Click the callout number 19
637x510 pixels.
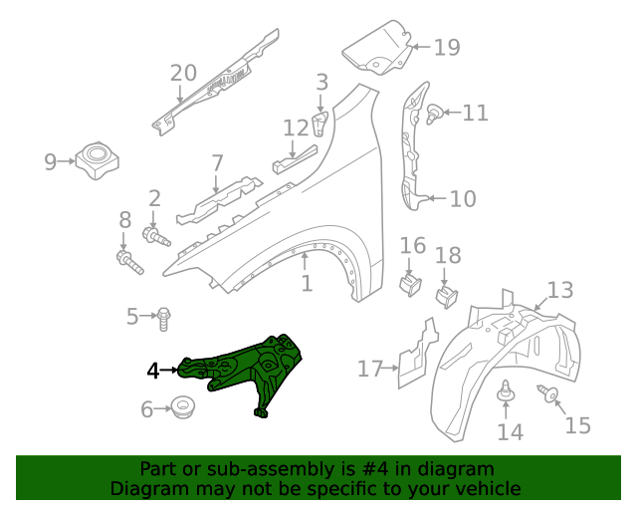click(x=447, y=47)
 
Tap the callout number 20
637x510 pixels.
click(x=183, y=72)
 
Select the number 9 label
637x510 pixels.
click(x=51, y=160)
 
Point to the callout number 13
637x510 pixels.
click(x=560, y=290)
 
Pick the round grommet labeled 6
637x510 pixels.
click(x=181, y=406)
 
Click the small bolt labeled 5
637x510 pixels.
click(x=164, y=318)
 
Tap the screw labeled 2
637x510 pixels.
click(x=156, y=236)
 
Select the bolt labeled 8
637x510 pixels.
click(x=127, y=262)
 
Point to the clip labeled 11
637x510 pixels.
click(x=436, y=116)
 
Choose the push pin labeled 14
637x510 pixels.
click(x=506, y=393)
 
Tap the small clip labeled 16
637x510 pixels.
click(x=408, y=284)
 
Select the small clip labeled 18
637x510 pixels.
click(x=447, y=292)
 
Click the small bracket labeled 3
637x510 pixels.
click(x=320, y=124)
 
